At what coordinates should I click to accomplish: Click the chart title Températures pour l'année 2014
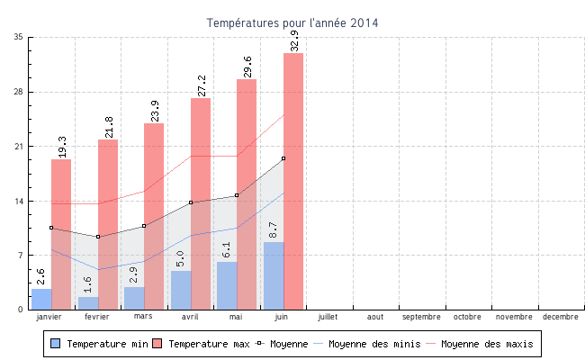tap(292, 22)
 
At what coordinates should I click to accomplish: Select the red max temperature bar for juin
tap(293, 180)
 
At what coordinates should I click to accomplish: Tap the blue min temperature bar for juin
tap(274, 275)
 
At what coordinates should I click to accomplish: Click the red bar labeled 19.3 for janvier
tap(61, 234)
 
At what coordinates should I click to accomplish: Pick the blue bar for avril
tap(181, 290)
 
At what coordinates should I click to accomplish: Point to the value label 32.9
tap(294, 40)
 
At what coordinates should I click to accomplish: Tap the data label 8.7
tap(274, 230)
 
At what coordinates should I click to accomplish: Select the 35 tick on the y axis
tap(19, 38)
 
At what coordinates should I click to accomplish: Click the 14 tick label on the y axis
tap(19, 201)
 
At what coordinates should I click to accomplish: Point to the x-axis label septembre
tap(421, 317)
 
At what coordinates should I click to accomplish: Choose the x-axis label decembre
tap(561, 317)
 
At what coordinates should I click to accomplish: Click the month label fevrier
tap(97, 317)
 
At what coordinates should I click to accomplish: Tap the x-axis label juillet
tap(328, 317)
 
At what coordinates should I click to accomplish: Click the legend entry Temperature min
tap(100, 344)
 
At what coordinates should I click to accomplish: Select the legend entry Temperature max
tap(202, 344)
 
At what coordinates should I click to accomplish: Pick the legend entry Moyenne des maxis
tap(487, 344)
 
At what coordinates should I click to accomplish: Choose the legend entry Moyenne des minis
tap(373, 344)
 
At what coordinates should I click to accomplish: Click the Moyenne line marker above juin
tap(283, 158)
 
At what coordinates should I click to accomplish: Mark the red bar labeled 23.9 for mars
tap(154, 216)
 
